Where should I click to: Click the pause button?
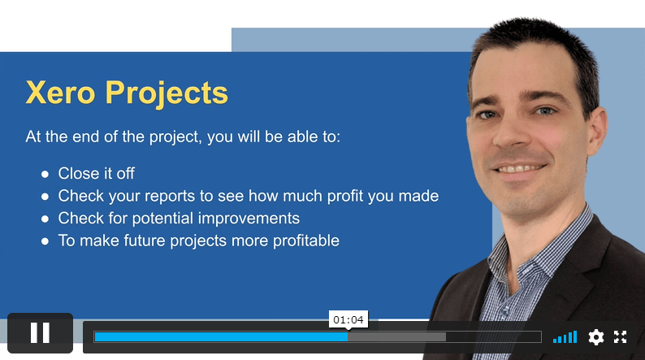(40, 333)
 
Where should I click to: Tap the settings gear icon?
(595, 337)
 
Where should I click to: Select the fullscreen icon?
(620, 337)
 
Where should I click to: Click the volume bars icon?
(565, 337)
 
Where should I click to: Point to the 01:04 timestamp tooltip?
(348, 319)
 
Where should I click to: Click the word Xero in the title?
(60, 93)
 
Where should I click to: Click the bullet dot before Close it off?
(45, 175)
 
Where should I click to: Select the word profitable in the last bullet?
(306, 241)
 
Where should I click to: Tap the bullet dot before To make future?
(45, 241)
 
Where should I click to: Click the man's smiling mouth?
(519, 168)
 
